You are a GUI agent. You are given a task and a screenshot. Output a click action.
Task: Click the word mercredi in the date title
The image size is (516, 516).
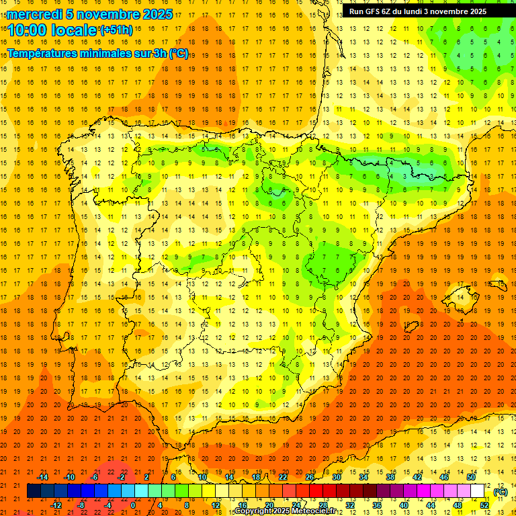click(34, 14)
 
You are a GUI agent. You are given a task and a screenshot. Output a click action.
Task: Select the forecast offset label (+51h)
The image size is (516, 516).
click(116, 30)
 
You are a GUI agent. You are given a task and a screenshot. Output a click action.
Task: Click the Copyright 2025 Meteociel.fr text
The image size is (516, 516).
click(285, 511)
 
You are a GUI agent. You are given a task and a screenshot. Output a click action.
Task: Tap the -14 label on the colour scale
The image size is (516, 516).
click(42, 477)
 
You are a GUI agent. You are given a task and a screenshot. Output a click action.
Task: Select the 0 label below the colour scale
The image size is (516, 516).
click(133, 505)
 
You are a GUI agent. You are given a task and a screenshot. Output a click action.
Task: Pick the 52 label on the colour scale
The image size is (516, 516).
click(484, 505)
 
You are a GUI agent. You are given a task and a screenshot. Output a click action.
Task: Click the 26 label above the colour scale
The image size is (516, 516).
click(310, 477)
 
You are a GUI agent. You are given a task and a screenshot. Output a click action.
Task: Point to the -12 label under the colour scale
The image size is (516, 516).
click(56, 505)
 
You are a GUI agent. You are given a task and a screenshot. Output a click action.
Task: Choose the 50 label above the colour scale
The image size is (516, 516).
click(471, 477)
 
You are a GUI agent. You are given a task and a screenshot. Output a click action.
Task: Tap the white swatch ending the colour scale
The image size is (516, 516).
click(478, 491)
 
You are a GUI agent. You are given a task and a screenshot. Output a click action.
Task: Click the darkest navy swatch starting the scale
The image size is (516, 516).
click(34, 491)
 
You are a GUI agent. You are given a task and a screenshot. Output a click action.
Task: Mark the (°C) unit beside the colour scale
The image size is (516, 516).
click(500, 491)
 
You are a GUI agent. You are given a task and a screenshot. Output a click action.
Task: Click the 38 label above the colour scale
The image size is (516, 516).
click(390, 477)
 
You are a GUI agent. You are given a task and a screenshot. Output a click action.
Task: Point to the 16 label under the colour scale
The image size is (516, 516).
click(243, 505)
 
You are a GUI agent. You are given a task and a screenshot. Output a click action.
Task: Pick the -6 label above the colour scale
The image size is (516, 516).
click(95, 477)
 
